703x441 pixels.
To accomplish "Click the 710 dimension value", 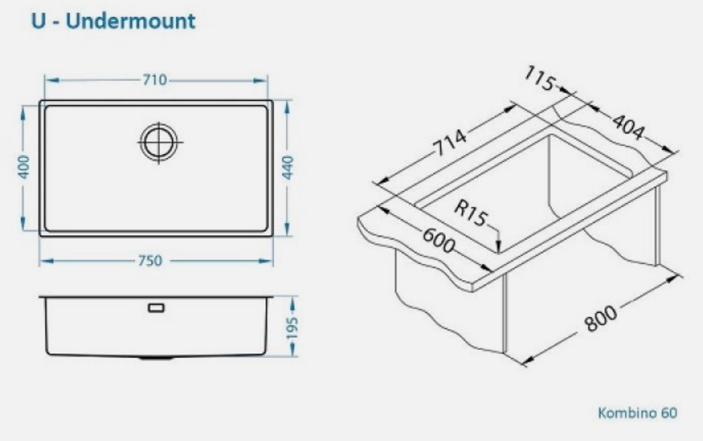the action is pos(154,80).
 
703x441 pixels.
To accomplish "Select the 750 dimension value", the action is pos(150,261).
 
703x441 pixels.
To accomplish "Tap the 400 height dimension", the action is pos(23,167).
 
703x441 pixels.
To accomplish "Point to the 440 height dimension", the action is pos(288,168).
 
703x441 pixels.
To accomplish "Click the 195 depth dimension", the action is pos(292,328).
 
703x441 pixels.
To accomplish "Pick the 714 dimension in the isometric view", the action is pos(451,142).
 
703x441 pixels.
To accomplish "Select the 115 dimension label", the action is pos(540,79).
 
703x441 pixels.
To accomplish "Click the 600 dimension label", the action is pos(439,240).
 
